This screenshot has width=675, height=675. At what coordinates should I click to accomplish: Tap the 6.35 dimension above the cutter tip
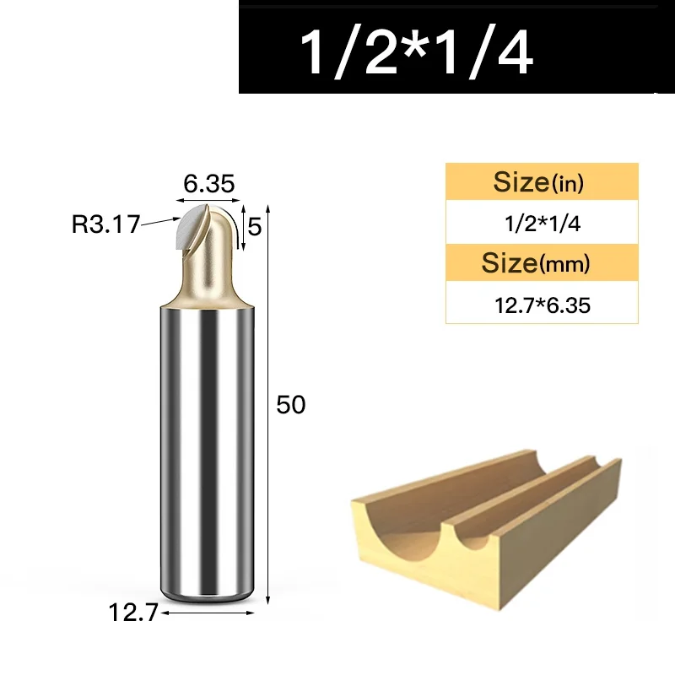point(209,184)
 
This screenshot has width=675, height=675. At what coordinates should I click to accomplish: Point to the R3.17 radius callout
point(106,224)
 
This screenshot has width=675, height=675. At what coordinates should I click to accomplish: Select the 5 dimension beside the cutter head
point(255,227)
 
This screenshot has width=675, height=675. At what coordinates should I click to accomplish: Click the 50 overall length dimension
point(291,405)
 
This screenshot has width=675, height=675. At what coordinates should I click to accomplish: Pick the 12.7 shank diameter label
point(133,613)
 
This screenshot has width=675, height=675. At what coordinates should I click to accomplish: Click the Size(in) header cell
point(542,181)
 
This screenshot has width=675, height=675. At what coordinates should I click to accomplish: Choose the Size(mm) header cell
point(542,262)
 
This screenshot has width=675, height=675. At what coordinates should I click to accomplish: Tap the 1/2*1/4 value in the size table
point(543,224)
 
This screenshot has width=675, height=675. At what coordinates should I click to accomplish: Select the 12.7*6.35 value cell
point(542,303)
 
